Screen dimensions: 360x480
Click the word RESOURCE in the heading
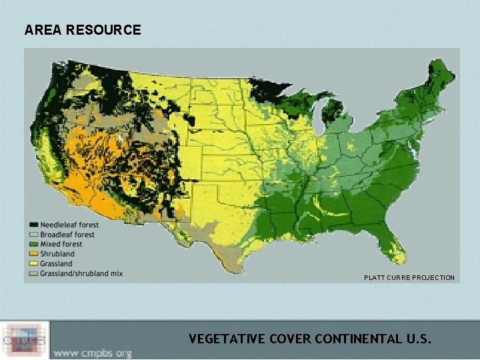click(104, 30)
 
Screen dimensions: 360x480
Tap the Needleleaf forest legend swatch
click(33, 224)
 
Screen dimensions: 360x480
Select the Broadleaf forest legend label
click(67, 234)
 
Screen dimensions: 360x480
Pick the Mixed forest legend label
click(61, 244)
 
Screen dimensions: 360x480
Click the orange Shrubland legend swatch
click(33, 254)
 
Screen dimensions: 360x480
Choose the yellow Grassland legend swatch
click(33, 263)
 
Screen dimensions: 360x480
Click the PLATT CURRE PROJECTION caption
click(409, 277)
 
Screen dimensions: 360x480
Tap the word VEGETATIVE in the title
click(227, 339)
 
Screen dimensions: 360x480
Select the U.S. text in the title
click(419, 339)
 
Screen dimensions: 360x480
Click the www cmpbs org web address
click(93, 353)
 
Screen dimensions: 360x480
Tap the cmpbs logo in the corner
click(25, 340)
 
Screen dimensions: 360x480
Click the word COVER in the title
click(290, 339)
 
